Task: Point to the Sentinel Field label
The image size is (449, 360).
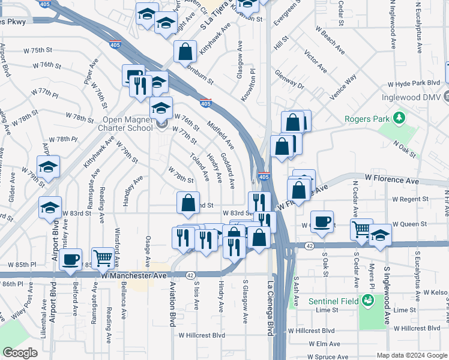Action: coord(334,300)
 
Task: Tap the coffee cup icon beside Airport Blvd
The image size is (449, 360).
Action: coord(71,259)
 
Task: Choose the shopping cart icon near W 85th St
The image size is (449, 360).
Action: coord(103,258)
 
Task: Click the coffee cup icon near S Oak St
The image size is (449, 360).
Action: coord(322,221)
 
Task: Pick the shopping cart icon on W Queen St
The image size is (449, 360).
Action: coord(361,229)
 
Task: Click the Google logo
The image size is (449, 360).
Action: coord(20,352)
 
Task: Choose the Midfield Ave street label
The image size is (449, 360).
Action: coord(220,134)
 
